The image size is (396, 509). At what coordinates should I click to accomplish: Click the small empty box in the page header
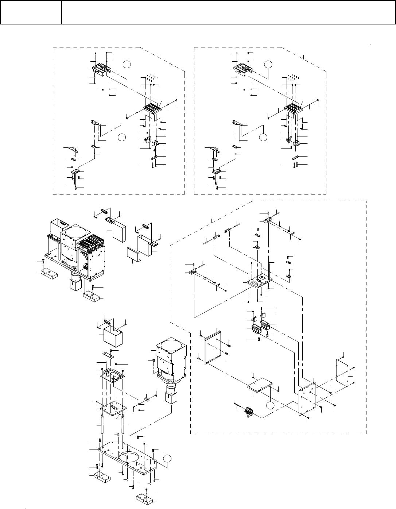click(x=31, y=12)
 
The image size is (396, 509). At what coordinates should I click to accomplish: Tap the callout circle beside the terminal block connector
click(x=270, y=405)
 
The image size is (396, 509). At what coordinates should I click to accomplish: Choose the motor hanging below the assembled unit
click(x=75, y=281)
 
